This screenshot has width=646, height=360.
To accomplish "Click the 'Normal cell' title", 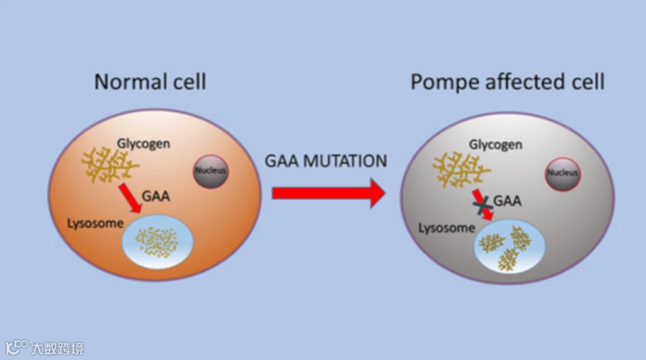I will pyautogui.click(x=150, y=81).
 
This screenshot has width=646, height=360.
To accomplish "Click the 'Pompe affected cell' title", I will pyautogui.click(x=507, y=81).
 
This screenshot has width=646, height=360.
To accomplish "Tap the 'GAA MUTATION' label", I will pyautogui.click(x=326, y=161).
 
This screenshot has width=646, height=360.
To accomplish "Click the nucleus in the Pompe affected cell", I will pyautogui.click(x=563, y=173).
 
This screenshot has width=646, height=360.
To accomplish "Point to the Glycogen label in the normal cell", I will pyautogui.click(x=143, y=144).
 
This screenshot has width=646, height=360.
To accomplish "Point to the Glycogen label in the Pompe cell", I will pyautogui.click(x=495, y=145).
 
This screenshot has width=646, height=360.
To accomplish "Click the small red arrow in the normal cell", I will pyautogui.click(x=130, y=198).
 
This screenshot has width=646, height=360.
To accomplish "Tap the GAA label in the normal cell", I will pyautogui.click(x=156, y=196).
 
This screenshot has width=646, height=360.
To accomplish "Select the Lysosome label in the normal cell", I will pyautogui.click(x=95, y=224).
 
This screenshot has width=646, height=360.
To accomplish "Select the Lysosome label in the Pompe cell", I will pyautogui.click(x=446, y=228).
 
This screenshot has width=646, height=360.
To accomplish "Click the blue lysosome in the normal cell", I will pyautogui.click(x=158, y=243).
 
